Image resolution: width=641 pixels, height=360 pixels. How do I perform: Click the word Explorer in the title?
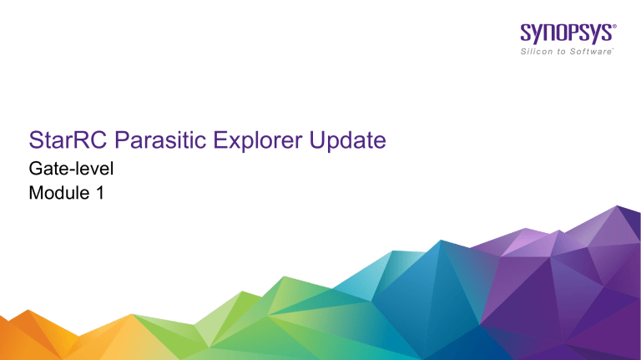tap(255, 141)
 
